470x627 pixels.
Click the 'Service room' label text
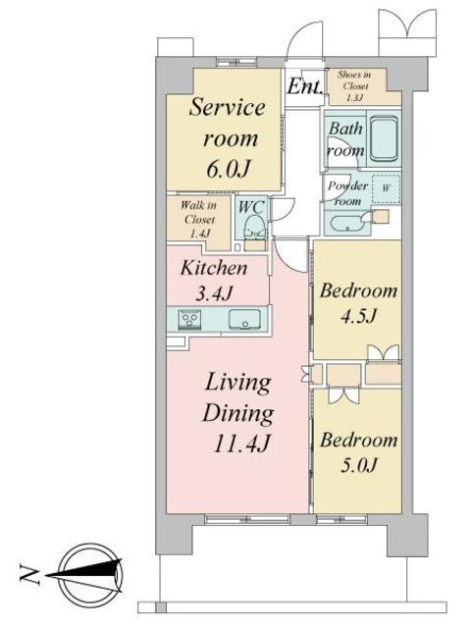[x=228, y=123]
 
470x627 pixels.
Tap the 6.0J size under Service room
[x=228, y=169]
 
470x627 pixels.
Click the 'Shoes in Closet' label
[x=353, y=85]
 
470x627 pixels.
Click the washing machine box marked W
[x=385, y=186]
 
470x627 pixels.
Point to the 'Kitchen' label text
[x=212, y=268]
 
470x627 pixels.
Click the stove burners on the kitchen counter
[x=189, y=318]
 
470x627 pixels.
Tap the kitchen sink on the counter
[x=243, y=318]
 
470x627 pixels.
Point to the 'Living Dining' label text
[x=236, y=396]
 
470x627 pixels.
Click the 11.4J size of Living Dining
[x=236, y=443]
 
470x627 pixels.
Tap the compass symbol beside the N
[x=89, y=568]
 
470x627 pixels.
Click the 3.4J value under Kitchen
[x=212, y=291]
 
